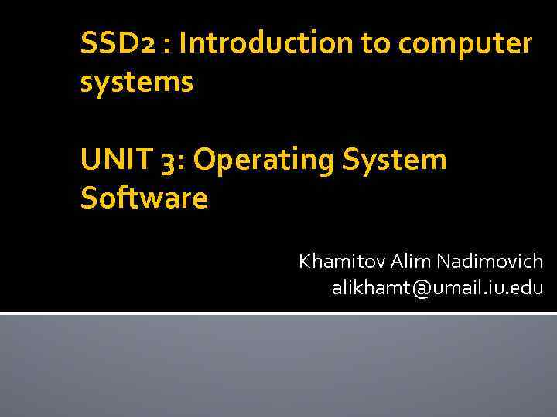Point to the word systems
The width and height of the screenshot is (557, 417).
[137, 83]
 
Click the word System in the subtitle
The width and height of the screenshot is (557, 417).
[398, 161]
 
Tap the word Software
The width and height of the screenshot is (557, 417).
[144, 198]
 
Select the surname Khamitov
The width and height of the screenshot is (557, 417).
[341, 262]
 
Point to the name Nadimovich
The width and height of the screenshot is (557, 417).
[490, 262]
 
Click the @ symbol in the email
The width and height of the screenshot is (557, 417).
[422, 289]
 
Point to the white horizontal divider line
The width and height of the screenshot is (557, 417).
[278, 314]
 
